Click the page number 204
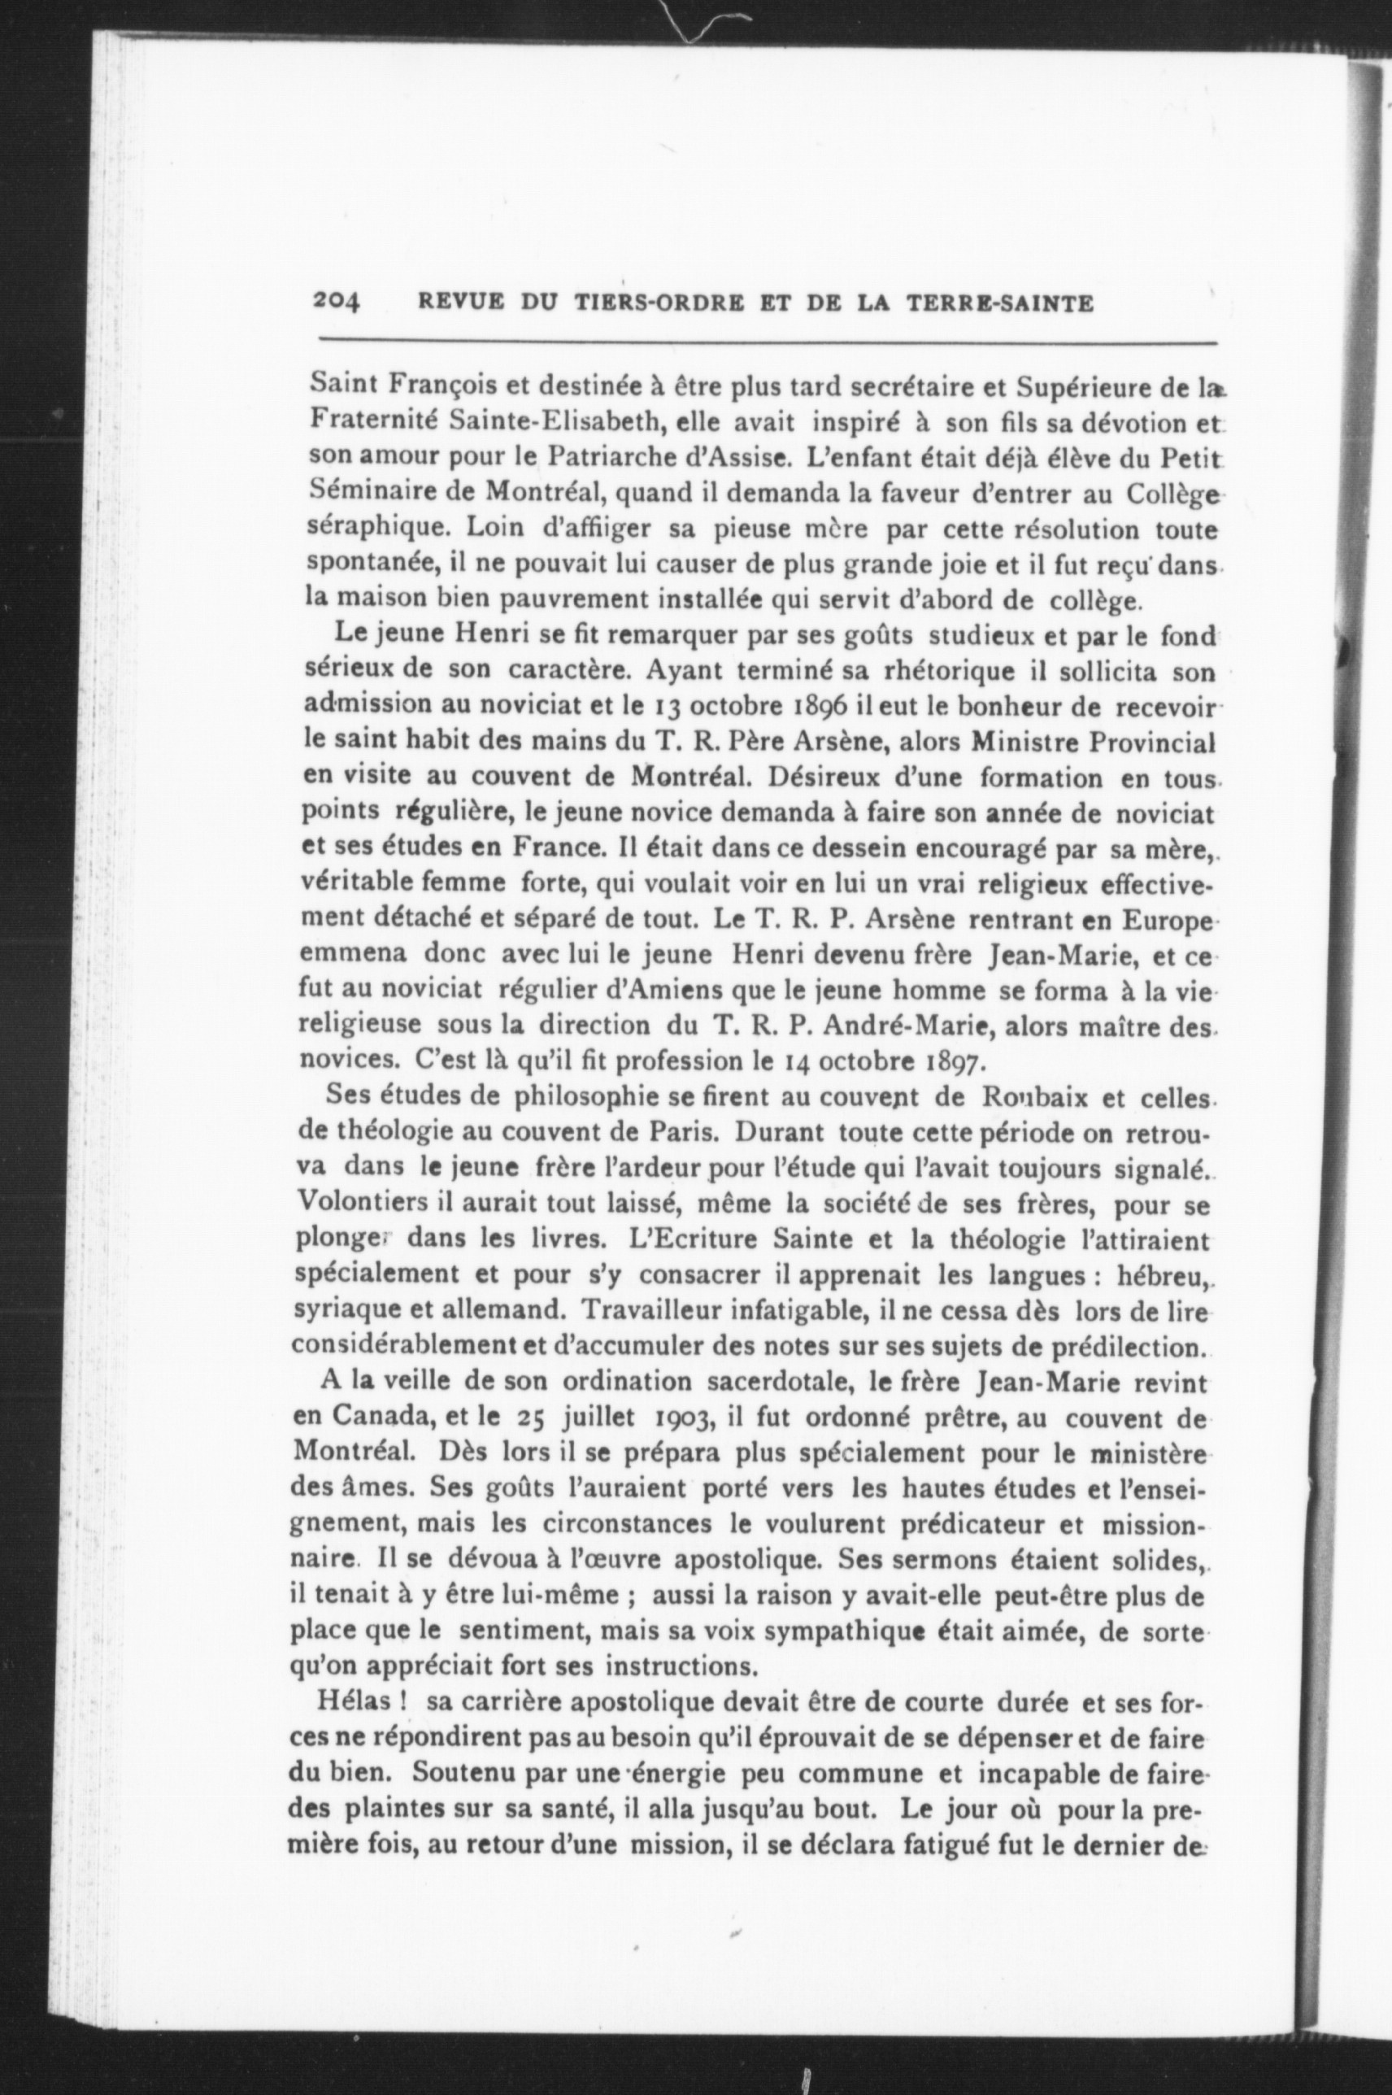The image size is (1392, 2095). coord(337,302)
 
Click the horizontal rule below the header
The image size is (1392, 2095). coord(767,342)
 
